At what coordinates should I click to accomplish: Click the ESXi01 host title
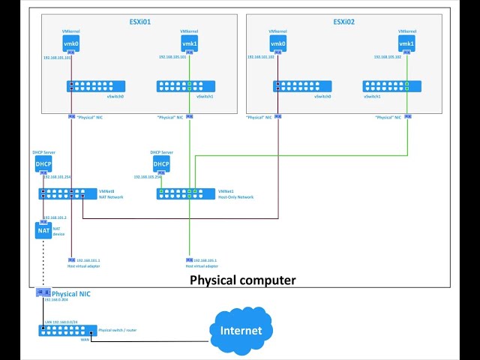coord(140,22)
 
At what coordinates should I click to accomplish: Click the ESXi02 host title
coord(343,22)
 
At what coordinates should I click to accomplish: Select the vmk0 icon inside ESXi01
coord(70,44)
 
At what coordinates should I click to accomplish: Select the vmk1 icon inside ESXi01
coord(190,44)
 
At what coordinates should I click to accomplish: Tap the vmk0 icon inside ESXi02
coord(277,44)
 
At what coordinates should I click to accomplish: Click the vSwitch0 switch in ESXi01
coord(95,86)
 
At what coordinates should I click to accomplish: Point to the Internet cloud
coord(241,330)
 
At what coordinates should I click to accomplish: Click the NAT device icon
coord(43,230)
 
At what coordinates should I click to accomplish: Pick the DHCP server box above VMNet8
coord(43,164)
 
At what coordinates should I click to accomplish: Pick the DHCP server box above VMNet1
coord(161,164)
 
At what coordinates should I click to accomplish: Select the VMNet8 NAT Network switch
coord(67,193)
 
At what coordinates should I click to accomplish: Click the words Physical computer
coord(242,280)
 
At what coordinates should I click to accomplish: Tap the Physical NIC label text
coord(70,293)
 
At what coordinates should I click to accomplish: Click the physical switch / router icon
coord(67,330)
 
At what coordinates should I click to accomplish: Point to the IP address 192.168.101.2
coord(55,217)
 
